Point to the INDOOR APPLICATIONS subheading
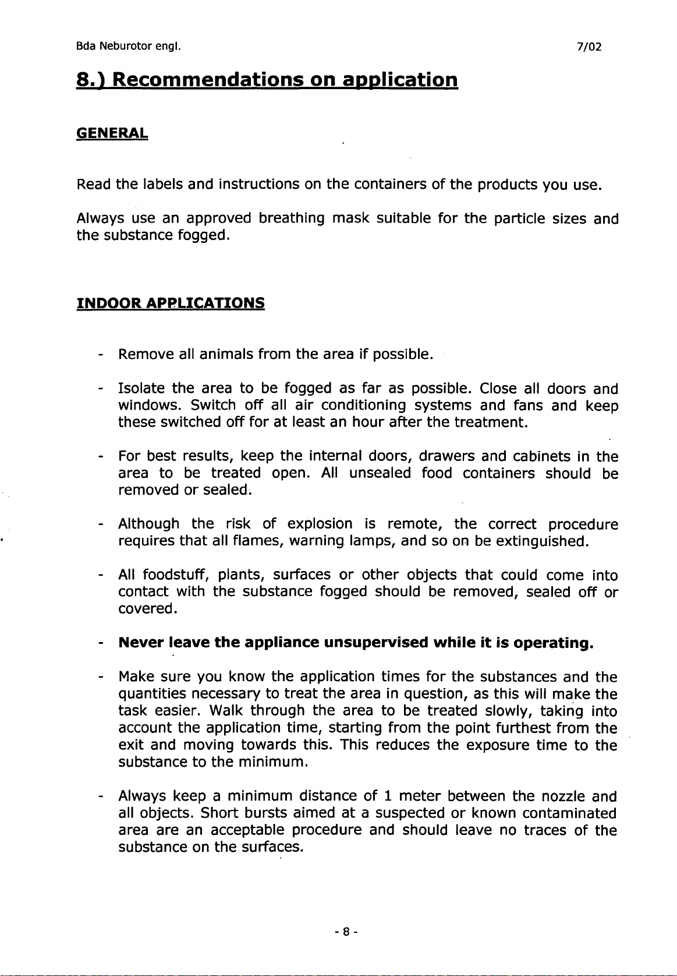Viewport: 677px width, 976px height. [171, 303]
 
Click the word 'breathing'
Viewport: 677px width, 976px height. [292, 219]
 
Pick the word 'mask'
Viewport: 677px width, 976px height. [350, 219]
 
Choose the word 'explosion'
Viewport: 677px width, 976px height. [320, 524]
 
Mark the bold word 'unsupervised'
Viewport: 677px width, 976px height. [376, 643]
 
